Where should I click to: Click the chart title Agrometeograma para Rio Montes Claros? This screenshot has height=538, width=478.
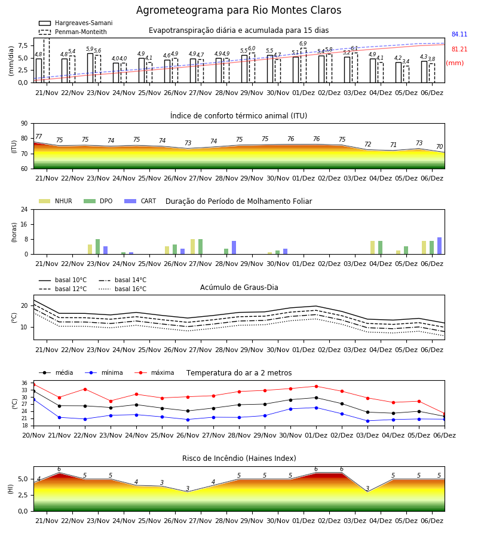click(238, 10)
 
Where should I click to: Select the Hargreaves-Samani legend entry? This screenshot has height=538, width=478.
click(76, 23)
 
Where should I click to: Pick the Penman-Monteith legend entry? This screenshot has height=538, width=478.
click(73, 32)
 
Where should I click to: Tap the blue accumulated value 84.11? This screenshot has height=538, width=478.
click(459, 34)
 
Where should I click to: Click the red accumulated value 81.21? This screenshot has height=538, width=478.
click(459, 50)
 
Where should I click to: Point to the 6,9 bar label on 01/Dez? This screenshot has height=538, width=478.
click(303, 44)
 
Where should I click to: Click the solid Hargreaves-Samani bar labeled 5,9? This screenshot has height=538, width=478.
click(90, 68)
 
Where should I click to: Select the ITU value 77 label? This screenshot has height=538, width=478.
click(38, 136)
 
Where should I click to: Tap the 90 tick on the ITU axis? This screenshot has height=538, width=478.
click(24, 124)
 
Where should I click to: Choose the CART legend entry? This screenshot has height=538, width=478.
click(140, 201)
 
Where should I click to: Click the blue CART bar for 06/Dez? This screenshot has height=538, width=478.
click(439, 246)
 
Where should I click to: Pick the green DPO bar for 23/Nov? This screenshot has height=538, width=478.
click(98, 247)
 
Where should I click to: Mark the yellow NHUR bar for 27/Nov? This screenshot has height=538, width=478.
click(193, 247)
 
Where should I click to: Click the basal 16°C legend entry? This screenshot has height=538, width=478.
click(122, 289)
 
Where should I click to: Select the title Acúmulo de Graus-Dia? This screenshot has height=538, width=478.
click(239, 288)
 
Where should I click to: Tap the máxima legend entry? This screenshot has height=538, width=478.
click(154, 372)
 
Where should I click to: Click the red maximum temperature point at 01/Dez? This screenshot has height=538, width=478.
click(316, 386)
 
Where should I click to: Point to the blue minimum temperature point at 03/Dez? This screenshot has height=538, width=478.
click(367, 421)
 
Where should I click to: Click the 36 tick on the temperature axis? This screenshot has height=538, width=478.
click(24, 383)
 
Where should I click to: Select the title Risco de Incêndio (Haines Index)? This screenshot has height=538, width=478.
click(239, 458)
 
